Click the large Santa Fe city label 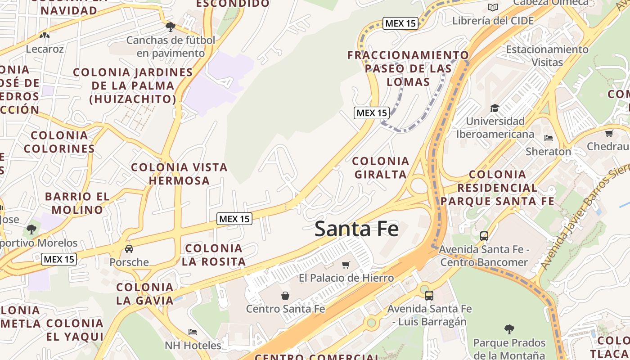click(356, 229)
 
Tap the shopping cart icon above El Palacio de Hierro click(346, 265)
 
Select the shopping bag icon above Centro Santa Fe click(285, 296)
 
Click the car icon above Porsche click(129, 249)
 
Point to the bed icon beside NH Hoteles click(193, 332)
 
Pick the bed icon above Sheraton click(548, 138)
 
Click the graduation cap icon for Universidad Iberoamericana click(495, 108)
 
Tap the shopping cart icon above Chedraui click(609, 133)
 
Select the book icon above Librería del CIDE click(493, 7)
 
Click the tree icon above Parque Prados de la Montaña click(509, 329)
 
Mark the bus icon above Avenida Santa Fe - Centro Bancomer click(484, 236)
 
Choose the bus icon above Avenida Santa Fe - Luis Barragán click(429, 296)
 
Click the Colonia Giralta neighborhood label click(381, 167)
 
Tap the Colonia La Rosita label click(214, 255)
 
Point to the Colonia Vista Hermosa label click(179, 174)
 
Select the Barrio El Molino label click(77, 203)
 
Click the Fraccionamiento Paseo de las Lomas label click(408, 68)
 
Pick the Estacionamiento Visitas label click(547, 55)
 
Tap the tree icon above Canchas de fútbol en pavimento click(170, 27)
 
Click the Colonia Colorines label click(59, 142)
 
